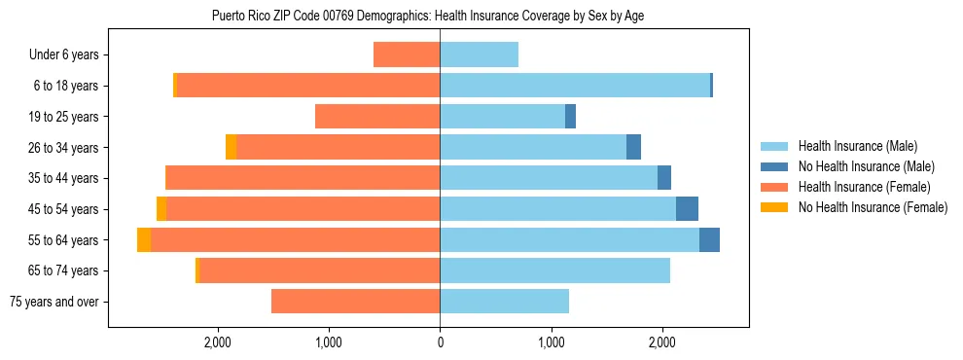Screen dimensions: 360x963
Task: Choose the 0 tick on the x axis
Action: (x=440, y=342)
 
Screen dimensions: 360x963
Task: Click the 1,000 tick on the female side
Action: (x=329, y=342)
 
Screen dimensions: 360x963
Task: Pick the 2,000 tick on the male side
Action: (x=661, y=342)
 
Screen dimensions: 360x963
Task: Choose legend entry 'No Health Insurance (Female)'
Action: (x=873, y=207)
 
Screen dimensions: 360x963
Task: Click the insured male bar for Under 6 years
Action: (x=479, y=54)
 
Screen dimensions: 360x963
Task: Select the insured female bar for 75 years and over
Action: (x=355, y=302)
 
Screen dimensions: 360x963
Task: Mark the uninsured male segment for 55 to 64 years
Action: (x=709, y=240)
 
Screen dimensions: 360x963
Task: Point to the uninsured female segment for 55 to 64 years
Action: (x=144, y=240)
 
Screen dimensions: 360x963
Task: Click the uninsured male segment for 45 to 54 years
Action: (x=687, y=209)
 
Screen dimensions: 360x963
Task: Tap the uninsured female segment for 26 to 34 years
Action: (x=231, y=147)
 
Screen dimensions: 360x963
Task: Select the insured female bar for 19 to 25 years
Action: (x=377, y=117)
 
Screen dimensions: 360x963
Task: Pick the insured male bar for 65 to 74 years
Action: (x=554, y=270)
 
